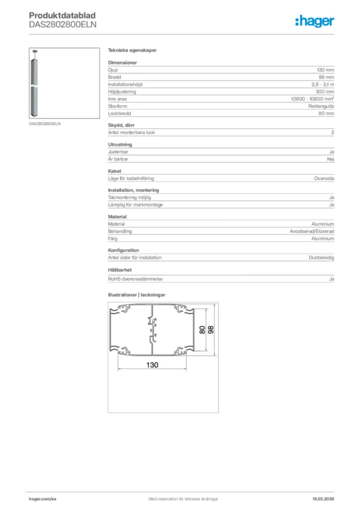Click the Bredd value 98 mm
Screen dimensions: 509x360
(326, 78)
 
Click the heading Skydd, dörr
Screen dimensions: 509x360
(121, 125)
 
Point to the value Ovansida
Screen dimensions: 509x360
(324, 178)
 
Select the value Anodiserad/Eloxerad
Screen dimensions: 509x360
(312, 232)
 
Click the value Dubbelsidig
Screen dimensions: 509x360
(321, 257)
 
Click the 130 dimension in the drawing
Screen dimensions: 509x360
(152, 365)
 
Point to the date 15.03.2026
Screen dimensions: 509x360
(323, 499)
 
